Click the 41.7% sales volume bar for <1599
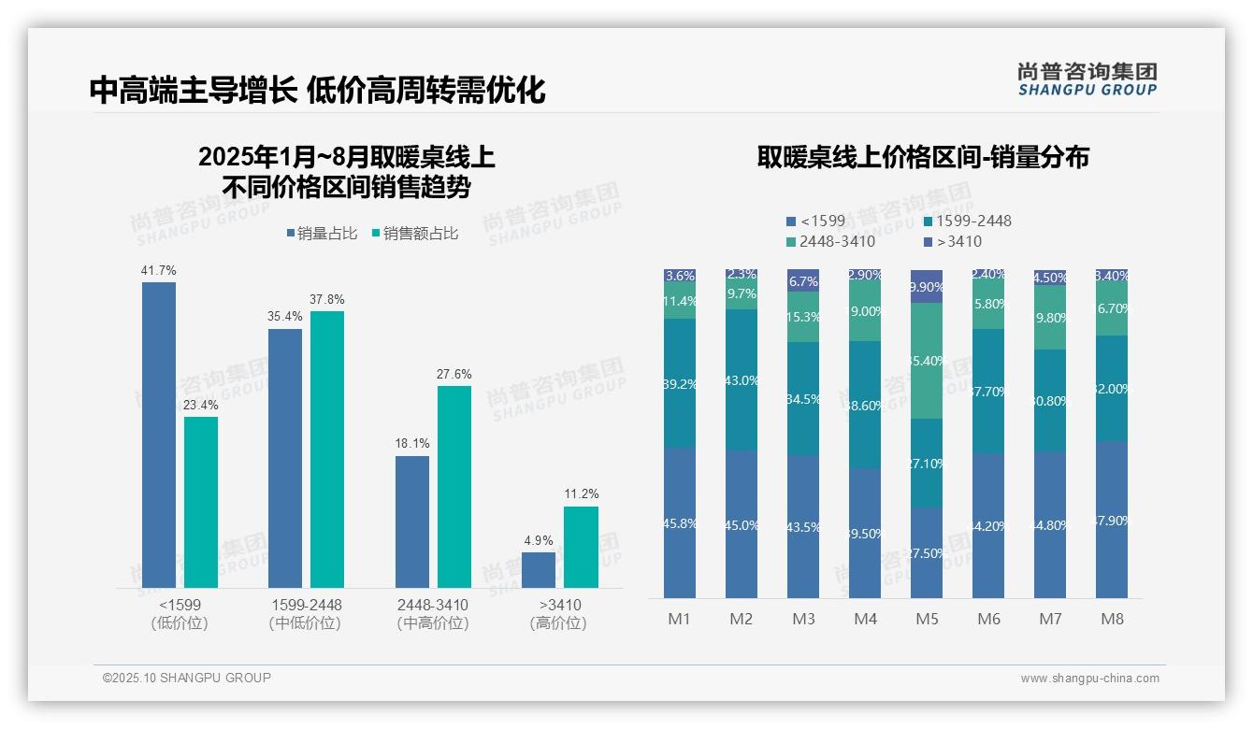tap(159, 435)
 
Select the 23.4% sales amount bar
tap(201, 502)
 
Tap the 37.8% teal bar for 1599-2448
tap(327, 449)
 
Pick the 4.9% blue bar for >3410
tap(539, 570)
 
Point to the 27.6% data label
tap(454, 374)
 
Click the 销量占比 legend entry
tap(322, 234)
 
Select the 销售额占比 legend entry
tap(415, 234)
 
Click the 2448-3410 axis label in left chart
tap(432, 606)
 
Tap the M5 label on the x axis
tap(927, 619)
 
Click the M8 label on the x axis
tap(1112, 619)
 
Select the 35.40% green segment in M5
tap(927, 361)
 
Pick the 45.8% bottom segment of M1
tap(680, 523)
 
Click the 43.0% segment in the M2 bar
tap(742, 380)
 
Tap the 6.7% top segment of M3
tap(803, 280)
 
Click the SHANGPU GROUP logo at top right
tap(1087, 79)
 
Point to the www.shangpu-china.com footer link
tap(1089, 679)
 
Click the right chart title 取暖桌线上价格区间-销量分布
tap(923, 157)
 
